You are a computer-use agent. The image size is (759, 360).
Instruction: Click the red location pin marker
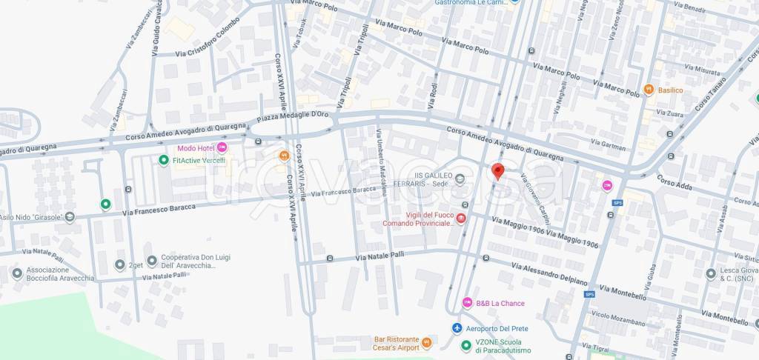pos(498,171)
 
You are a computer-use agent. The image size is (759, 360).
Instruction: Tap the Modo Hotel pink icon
pos(222,148)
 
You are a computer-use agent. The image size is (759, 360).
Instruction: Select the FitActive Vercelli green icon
pos(164,160)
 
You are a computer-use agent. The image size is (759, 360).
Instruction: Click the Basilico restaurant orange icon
pos(649,90)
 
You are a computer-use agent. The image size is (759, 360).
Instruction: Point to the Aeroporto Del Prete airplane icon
pos(457,328)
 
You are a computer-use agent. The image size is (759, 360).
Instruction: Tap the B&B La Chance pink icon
pos(467,302)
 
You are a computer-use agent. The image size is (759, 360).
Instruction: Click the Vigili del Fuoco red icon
pos(461,218)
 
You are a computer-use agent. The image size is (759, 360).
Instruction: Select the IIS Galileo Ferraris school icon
pos(460,178)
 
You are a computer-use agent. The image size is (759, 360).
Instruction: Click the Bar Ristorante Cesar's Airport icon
pos(427,344)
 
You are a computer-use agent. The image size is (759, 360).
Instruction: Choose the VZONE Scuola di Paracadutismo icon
pos(466,345)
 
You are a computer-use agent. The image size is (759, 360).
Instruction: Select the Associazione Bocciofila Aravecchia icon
pos(17,273)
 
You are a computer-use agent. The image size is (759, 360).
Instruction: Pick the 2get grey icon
pos(120,264)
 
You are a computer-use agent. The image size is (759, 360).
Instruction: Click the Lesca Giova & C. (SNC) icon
pos(711,273)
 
